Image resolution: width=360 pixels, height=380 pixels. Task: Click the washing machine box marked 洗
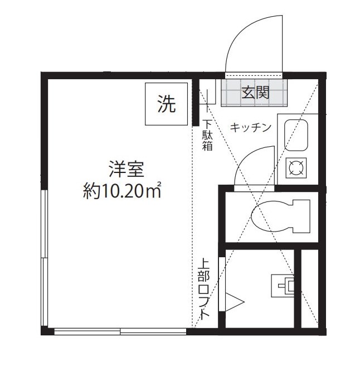[x=166, y=104]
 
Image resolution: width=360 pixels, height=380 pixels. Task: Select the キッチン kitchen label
[x=250, y=127]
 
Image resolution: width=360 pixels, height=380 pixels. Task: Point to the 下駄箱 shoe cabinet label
[x=207, y=135]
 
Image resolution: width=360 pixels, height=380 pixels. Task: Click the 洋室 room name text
[x=126, y=169]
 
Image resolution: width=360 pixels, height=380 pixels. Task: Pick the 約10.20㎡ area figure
[x=122, y=190]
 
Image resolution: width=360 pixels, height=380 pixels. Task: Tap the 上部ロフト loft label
[x=203, y=291]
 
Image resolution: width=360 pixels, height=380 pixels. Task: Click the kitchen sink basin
[x=296, y=136]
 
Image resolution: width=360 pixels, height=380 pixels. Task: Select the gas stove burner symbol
[x=296, y=168]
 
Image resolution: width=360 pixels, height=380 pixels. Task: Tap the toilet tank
[x=301, y=216]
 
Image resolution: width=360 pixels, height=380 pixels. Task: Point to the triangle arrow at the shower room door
[x=235, y=302]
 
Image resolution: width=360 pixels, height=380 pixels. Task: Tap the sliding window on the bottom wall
[x=120, y=331]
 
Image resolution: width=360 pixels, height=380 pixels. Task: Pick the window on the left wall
[x=45, y=258]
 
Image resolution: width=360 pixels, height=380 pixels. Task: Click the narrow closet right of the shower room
[x=310, y=288]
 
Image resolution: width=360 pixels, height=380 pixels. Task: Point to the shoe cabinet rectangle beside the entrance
[x=207, y=92]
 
